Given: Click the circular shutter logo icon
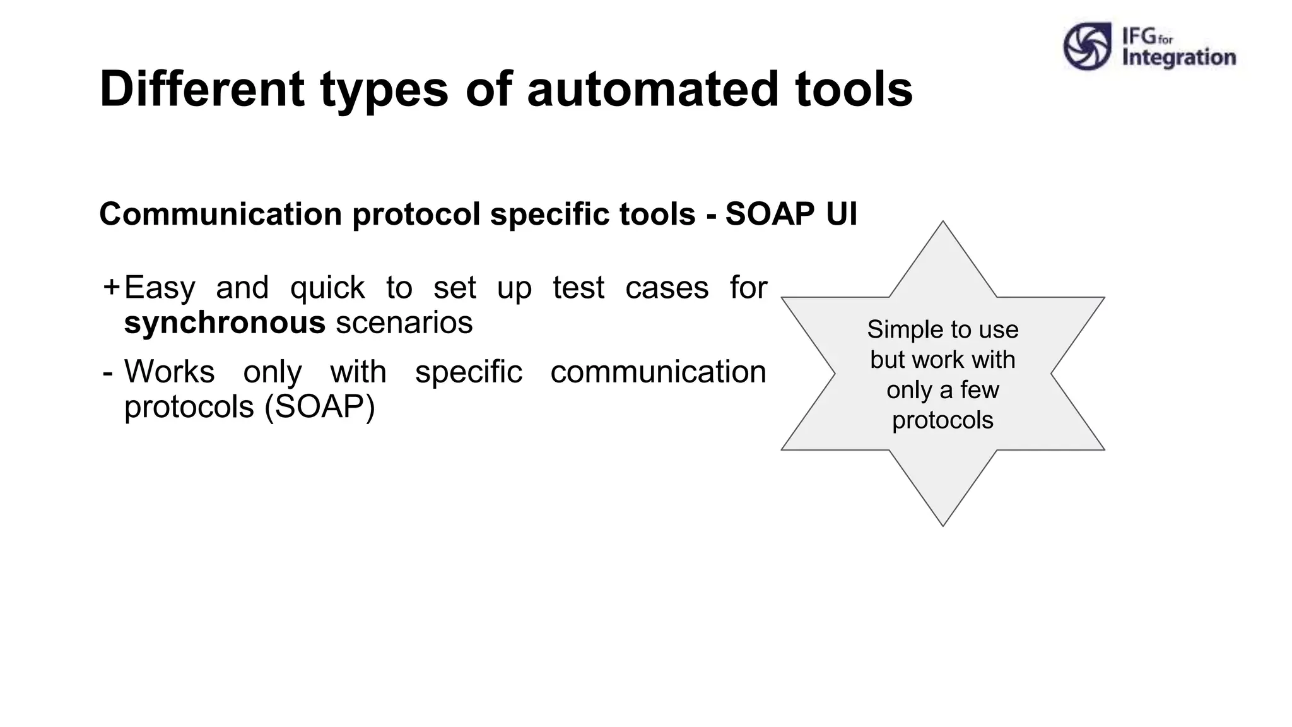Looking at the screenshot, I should pos(1087,46).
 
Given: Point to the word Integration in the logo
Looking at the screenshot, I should pos(1178,57).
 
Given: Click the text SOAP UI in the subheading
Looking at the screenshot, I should pos(791,213).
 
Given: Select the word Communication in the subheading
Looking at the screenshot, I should pos(221,213).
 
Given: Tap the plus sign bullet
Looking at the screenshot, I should pos(111,287).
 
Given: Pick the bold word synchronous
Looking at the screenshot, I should pos(225,322).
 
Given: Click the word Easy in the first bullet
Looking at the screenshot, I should pos(160,288).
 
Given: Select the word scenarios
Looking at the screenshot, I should pos(404,322).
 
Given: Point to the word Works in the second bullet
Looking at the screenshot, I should pos(169,371).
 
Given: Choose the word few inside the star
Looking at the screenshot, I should pos(979,390).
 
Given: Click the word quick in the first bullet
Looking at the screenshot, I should pos(327,288).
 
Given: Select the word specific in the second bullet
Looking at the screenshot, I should pos(469,372).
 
